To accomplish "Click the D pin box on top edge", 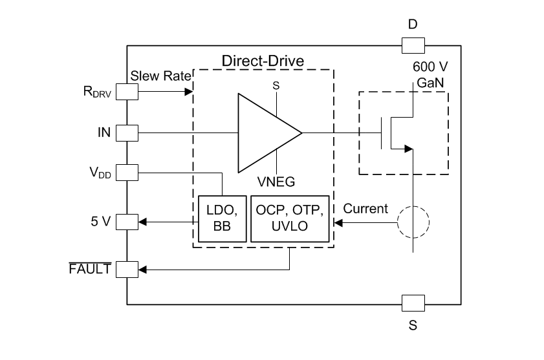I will tap(413, 45).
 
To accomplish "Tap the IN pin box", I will tap(127, 133).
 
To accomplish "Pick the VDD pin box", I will tap(127, 173).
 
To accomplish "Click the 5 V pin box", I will tap(127, 222).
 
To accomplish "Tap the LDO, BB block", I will tap(222, 218).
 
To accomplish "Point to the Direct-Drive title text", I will tap(263, 61).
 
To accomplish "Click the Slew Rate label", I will tap(161, 76).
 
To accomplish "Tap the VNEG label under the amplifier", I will tap(276, 182).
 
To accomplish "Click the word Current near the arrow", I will tap(365, 209).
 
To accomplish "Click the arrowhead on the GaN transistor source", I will tap(408, 149).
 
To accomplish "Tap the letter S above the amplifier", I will tap(276, 84).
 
